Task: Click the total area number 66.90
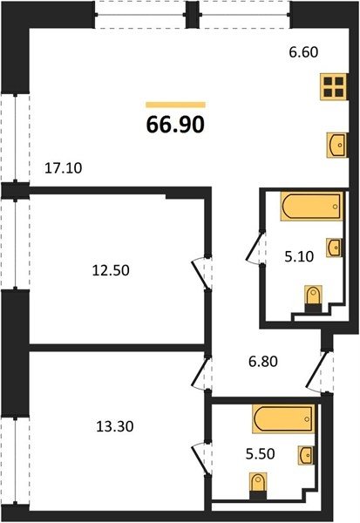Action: (x=175, y=125)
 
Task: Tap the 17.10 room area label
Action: (x=63, y=168)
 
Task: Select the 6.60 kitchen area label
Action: (x=303, y=52)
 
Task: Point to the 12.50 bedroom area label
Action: (x=111, y=270)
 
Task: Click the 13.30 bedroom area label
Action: (x=115, y=426)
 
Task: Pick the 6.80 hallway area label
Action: (x=263, y=361)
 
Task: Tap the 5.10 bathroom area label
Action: (x=299, y=256)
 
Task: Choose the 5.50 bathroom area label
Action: (x=261, y=453)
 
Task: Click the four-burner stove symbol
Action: (x=334, y=86)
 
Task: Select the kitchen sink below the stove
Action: (x=337, y=145)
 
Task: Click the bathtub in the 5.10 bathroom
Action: (x=312, y=206)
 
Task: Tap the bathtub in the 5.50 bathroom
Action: (x=283, y=419)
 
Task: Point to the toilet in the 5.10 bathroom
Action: (x=313, y=299)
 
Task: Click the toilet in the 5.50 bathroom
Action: (x=259, y=486)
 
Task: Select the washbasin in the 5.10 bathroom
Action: (x=334, y=248)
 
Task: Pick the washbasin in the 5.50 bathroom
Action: (x=306, y=455)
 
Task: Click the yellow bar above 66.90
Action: (x=175, y=105)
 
